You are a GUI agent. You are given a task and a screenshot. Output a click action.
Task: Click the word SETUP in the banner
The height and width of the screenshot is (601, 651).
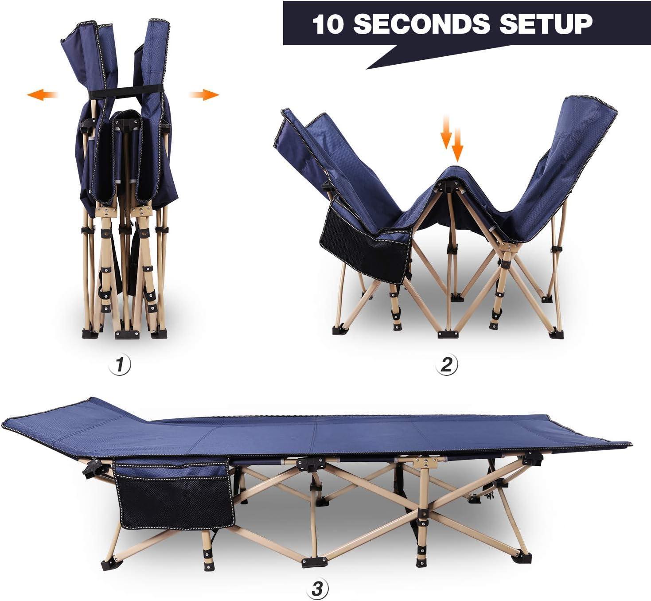coord(546,23)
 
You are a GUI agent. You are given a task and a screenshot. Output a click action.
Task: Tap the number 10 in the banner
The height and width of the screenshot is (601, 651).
coord(328,24)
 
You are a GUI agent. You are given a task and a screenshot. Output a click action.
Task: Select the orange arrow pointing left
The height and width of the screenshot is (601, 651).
coord(43,94)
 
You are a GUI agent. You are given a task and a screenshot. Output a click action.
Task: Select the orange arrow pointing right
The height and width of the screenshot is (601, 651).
coord(204,94)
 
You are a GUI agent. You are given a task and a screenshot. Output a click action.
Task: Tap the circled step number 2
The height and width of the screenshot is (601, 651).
coord(446,364)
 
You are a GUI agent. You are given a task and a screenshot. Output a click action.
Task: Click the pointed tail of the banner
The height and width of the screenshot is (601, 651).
coord(381,60)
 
